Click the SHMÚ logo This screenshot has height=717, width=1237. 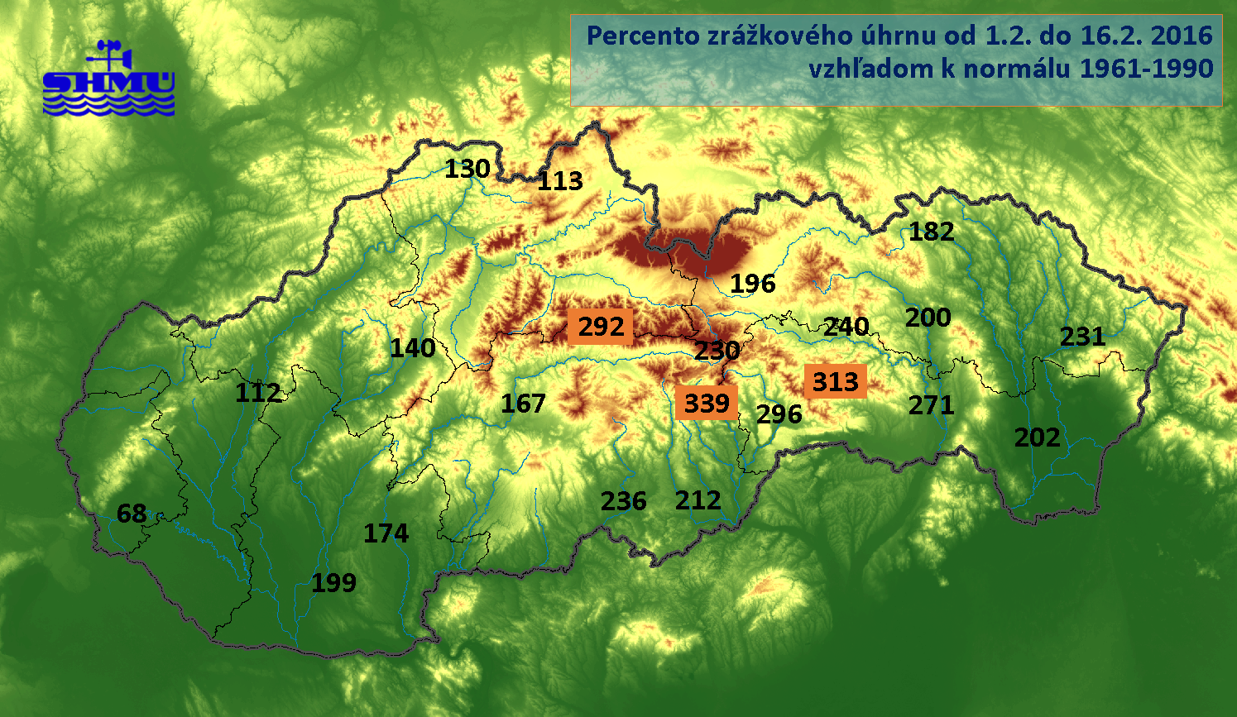click(108, 79)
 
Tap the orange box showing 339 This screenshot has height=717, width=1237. click(707, 403)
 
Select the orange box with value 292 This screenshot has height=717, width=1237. click(601, 327)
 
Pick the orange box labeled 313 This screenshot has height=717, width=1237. click(835, 381)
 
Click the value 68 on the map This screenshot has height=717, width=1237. click(132, 514)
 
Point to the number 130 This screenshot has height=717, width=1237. click(467, 169)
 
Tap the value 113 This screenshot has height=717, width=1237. click(560, 181)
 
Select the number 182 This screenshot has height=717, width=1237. click(932, 232)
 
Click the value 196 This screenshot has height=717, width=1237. click(753, 284)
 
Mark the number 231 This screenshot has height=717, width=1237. click(1082, 337)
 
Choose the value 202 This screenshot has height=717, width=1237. click(1038, 437)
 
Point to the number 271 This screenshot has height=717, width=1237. click(932, 405)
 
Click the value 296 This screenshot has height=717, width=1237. click(779, 413)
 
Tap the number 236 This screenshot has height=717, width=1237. click(624, 501)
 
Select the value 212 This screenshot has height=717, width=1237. click(698, 500)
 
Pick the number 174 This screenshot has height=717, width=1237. click(386, 533)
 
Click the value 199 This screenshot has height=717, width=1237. click(334, 583)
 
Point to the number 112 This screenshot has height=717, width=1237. click(258, 392)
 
